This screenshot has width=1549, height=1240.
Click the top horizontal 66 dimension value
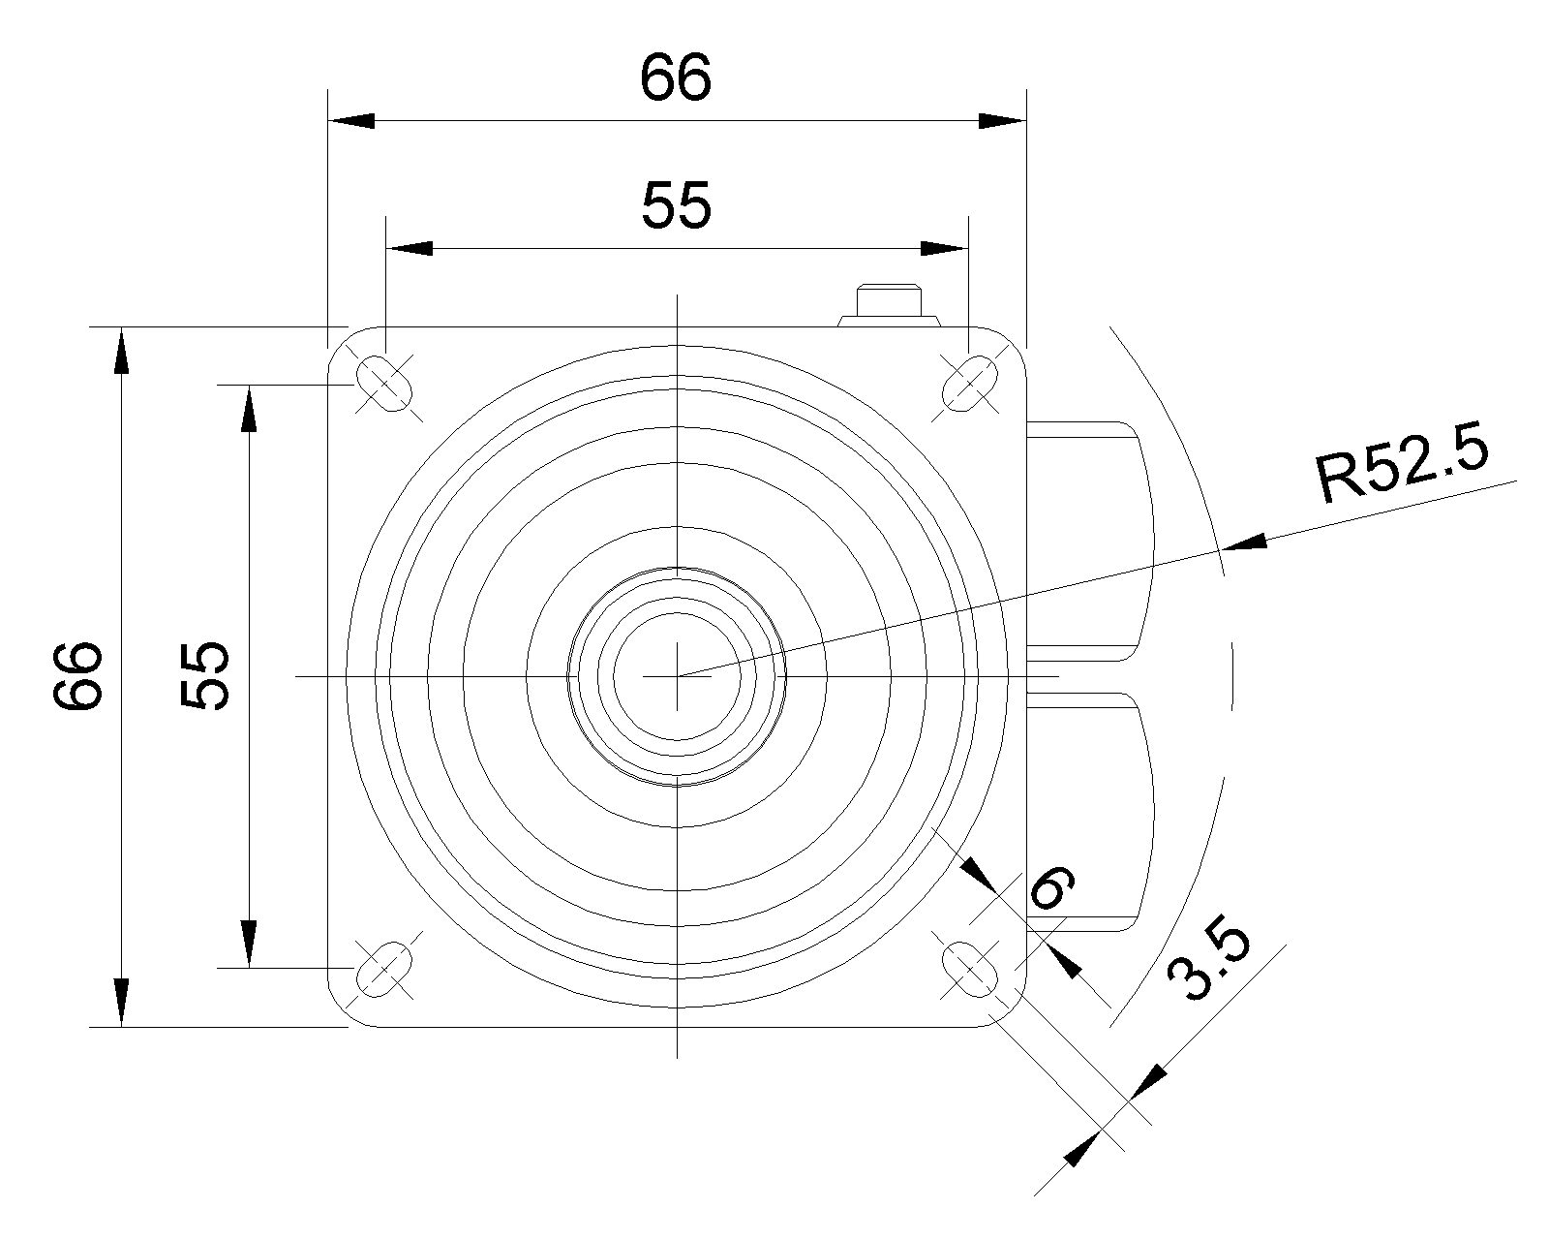click(x=676, y=78)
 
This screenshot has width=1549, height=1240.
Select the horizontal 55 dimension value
click(x=676, y=205)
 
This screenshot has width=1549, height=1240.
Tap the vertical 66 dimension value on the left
click(x=77, y=675)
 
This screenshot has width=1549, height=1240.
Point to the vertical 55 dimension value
click(x=204, y=675)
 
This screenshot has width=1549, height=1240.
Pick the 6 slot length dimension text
click(x=1051, y=886)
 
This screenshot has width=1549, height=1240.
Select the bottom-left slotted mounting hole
click(x=385, y=968)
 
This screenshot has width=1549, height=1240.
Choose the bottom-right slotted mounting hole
click(x=969, y=968)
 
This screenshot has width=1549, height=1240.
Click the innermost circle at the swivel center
click(x=677, y=675)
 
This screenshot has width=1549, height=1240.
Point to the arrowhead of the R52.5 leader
click(x=1245, y=542)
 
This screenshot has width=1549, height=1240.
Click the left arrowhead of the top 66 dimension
click(x=350, y=121)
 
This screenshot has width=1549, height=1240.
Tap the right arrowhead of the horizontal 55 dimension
click(x=945, y=248)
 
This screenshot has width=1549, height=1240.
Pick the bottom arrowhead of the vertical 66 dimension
click(x=120, y=1003)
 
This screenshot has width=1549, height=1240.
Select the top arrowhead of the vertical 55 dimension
click(x=249, y=408)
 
